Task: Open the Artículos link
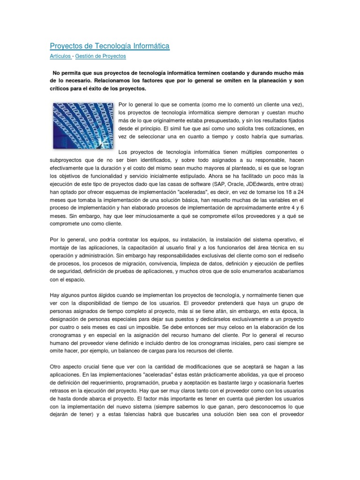(x=60, y=56)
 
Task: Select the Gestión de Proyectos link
(x=100, y=56)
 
